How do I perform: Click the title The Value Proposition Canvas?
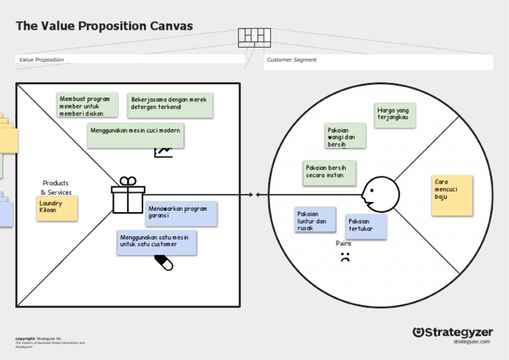[104, 26]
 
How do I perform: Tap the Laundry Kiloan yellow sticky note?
[56, 208]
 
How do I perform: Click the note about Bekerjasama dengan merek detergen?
[170, 105]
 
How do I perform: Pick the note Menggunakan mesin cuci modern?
[135, 135]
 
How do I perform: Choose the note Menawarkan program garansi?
[181, 213]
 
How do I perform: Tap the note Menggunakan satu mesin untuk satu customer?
[156, 241]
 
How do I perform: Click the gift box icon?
[128, 195]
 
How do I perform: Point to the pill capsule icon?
[163, 263]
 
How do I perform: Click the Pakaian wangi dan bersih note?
[345, 138]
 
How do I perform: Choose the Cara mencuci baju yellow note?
[452, 195]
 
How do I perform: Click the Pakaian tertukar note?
[366, 226]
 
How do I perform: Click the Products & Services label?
[56, 188]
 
